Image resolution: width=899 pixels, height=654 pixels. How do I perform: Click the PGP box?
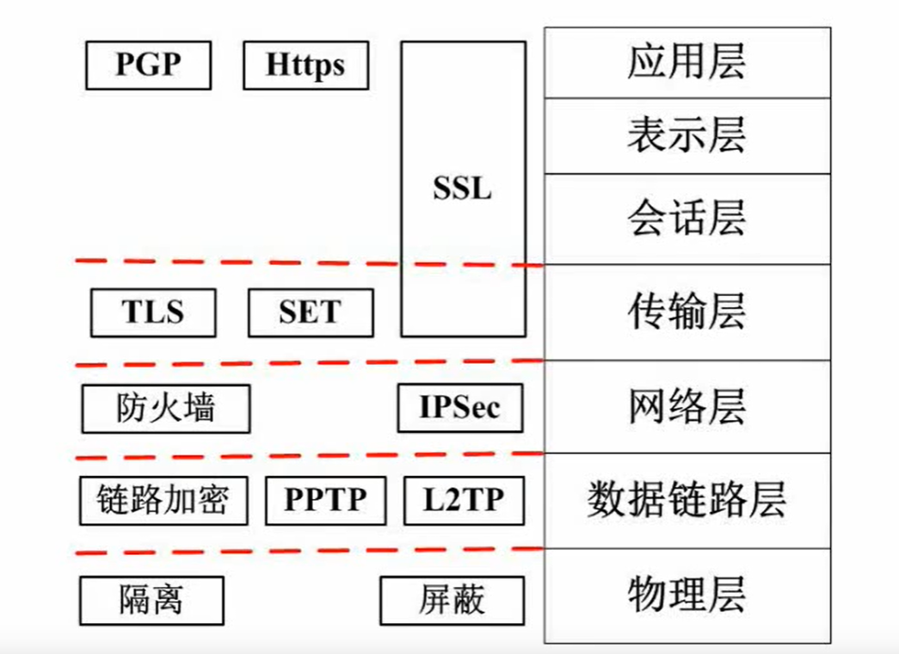(149, 65)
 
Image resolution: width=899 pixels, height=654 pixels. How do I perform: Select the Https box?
(305, 65)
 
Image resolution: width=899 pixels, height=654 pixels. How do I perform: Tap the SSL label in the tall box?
(463, 188)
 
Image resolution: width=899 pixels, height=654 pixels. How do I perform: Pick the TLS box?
(153, 312)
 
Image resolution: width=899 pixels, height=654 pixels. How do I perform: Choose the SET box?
(310, 312)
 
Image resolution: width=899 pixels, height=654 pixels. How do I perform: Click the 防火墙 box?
(165, 408)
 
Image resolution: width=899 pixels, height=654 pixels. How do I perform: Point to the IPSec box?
(459, 407)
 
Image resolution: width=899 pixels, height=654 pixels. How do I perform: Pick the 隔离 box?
(151, 600)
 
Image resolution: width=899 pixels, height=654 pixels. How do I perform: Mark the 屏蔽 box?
(452, 600)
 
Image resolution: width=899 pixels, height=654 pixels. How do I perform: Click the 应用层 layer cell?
(687, 63)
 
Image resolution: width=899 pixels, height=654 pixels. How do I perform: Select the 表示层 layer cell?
(687, 136)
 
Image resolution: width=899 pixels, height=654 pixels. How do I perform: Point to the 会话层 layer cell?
(687, 219)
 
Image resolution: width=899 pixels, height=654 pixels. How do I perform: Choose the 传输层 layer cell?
(687, 312)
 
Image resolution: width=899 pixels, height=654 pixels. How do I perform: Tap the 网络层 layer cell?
(687, 407)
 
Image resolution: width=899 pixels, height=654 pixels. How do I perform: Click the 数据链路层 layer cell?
(687, 500)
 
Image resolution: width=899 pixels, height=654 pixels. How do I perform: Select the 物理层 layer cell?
(687, 595)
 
